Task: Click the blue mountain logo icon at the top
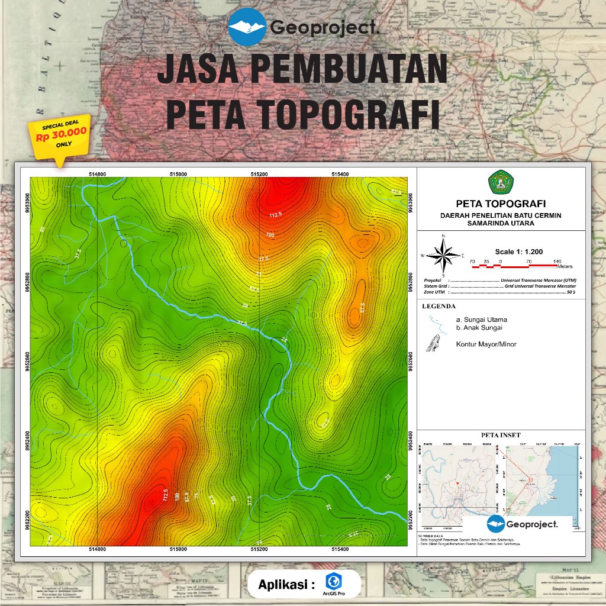[247, 26]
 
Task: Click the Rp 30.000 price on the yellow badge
[61, 136]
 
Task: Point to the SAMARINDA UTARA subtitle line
[500, 223]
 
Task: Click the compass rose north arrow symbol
[443, 255]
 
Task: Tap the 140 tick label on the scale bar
[557, 261]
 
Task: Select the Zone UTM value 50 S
[571, 292]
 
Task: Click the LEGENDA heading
[439, 307]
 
